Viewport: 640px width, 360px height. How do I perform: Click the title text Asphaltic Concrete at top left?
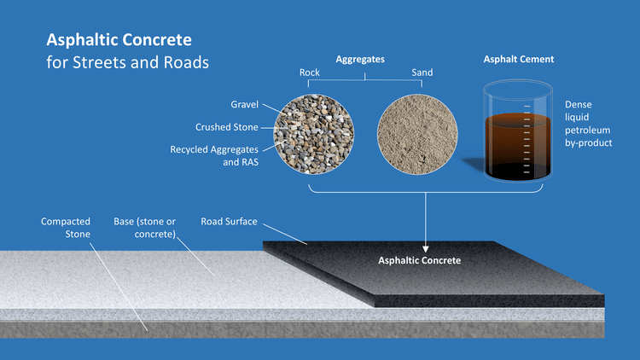tap(119, 40)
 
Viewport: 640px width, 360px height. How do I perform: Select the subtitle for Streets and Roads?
tap(127, 62)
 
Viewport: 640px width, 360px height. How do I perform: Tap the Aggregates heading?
tap(360, 60)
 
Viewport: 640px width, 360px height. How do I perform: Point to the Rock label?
tap(310, 73)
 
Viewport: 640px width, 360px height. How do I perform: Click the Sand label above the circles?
tap(422, 73)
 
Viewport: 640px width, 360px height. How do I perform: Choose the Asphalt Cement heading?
tap(519, 60)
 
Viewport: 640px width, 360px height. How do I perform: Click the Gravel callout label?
tap(244, 104)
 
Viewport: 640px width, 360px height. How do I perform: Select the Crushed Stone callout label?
tap(227, 127)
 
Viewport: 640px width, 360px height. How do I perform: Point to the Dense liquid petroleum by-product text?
tap(589, 124)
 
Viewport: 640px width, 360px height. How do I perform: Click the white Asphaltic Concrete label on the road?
tap(419, 260)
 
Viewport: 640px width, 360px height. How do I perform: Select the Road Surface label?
tap(229, 222)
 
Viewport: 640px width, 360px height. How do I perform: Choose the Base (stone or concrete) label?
tap(145, 228)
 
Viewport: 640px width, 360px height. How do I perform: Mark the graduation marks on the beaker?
tap(527, 136)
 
